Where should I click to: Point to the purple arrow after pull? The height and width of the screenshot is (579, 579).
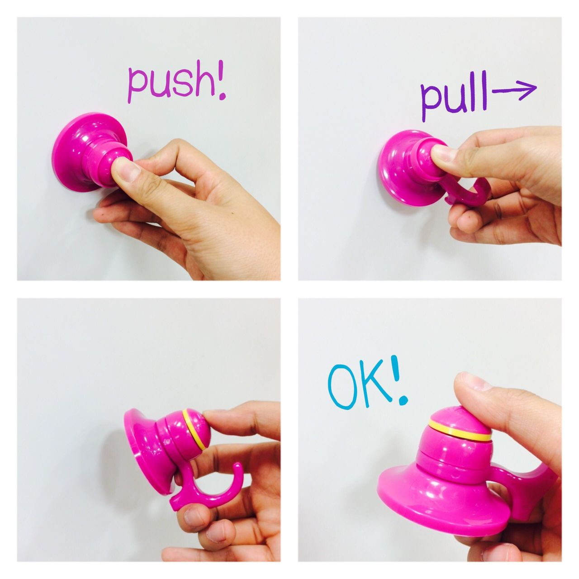pyautogui.click(x=514, y=90)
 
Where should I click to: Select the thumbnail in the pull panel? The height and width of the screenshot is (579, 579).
pyautogui.click(x=445, y=152)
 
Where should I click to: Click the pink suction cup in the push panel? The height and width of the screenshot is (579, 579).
pyautogui.click(x=90, y=152)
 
